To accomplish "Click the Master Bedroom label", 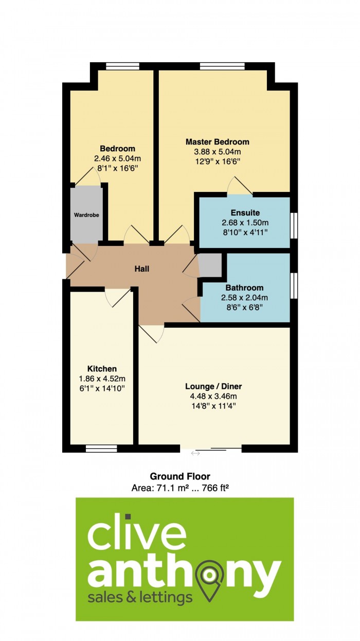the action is (218, 141).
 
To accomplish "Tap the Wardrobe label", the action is (86, 215).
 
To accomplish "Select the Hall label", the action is (142, 269).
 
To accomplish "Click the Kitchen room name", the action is (102, 368).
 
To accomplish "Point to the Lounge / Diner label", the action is (213, 386).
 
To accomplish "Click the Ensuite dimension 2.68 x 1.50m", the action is (245, 223).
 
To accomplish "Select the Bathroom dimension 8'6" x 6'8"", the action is (244, 307).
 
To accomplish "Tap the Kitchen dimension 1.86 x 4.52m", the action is (102, 379).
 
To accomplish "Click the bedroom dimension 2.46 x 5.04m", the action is (117, 158).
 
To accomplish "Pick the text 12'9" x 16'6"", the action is (218, 162).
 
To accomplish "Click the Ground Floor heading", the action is (180, 476).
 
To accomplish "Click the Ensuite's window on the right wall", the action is (294, 225).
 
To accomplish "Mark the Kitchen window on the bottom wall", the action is (102, 449).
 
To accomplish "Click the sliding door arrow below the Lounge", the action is (195, 453).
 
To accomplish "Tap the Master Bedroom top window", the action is (222, 66).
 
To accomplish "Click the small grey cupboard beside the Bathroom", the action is (210, 265).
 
